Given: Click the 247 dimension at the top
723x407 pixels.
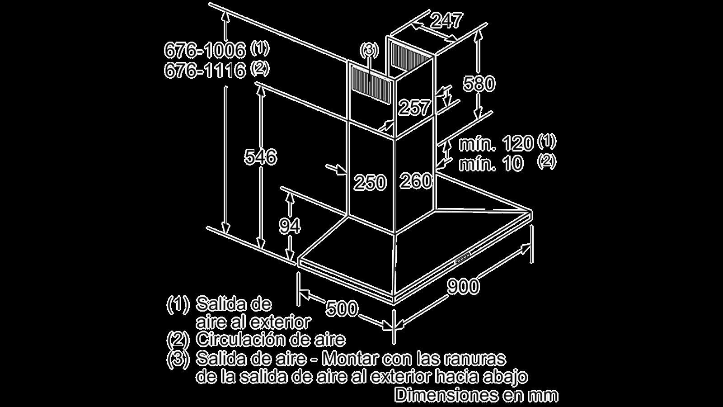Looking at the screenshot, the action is [x=447, y=21].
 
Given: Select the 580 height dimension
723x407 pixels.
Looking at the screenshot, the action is [x=479, y=84].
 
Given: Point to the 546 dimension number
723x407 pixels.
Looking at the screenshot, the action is [x=260, y=157].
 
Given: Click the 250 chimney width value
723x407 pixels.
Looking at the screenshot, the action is [x=370, y=182].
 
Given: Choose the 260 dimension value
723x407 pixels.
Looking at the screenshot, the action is [x=416, y=180].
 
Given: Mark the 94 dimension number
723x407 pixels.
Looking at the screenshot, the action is [x=290, y=226].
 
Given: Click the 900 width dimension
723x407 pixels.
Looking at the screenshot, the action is [x=463, y=286].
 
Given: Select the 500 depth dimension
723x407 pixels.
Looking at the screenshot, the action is [x=342, y=308].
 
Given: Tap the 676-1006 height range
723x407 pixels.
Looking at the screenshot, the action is [x=205, y=50].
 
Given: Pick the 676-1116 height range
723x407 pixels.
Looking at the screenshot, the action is [x=205, y=71].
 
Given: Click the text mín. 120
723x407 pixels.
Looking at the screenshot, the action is [x=496, y=144].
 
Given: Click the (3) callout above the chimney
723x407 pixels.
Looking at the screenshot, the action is [x=369, y=50].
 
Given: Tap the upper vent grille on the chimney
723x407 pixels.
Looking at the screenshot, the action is [x=412, y=56].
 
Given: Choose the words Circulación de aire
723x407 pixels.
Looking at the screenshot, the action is [x=271, y=340].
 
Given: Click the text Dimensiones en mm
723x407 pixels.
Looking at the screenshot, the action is [x=476, y=395].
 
